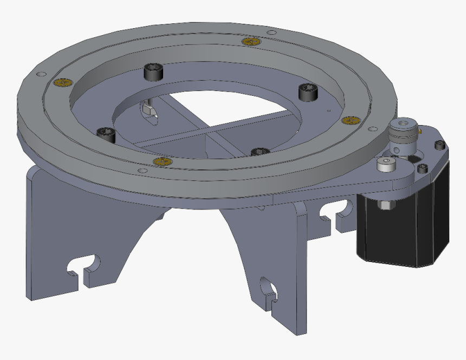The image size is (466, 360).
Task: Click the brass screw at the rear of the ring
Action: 251,42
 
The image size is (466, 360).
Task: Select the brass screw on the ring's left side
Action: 64,82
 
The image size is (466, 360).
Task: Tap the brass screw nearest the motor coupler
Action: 351,120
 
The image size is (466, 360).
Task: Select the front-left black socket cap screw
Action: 105,133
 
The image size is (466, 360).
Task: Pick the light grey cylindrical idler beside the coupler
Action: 385,165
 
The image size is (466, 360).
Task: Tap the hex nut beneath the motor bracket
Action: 384,205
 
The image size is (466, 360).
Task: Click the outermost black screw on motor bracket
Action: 439,145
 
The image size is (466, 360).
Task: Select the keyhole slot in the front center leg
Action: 268,290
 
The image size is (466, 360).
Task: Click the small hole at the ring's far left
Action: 38,74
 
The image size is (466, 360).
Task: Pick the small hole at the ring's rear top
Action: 271,32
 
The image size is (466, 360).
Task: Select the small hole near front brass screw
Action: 142,171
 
